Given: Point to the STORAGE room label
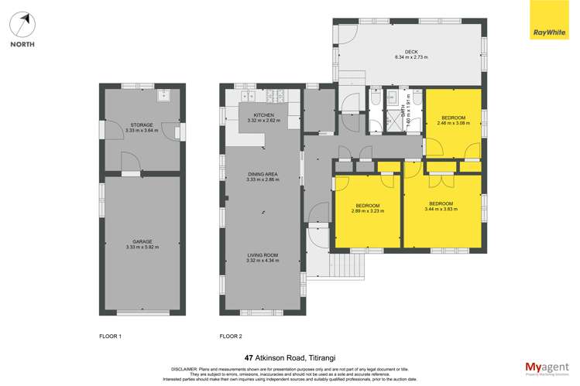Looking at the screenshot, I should click(x=142, y=125).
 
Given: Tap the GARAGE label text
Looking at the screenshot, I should click(x=142, y=241).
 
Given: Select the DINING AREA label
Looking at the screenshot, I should click(x=263, y=174).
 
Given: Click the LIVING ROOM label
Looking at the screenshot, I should click(x=263, y=255).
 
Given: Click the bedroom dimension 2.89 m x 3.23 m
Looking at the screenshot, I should click(x=367, y=210).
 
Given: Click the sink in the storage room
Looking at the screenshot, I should click(x=164, y=97).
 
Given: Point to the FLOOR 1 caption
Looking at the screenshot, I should click(x=110, y=336).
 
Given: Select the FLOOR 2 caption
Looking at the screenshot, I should click(x=231, y=336).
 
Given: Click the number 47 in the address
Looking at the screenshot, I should click(x=249, y=358).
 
